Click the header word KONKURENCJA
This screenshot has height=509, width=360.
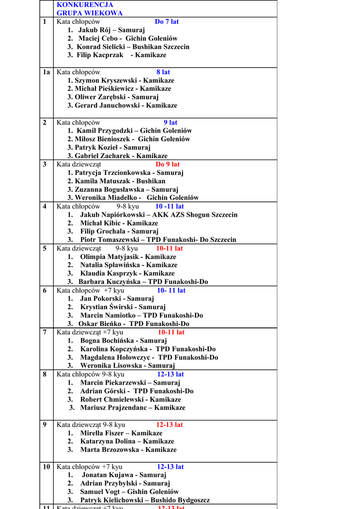[x=85, y=4]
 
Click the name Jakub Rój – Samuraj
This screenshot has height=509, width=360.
[x=111, y=30]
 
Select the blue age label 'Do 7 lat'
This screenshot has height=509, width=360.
[x=167, y=21]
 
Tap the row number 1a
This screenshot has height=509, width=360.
[x=46, y=72]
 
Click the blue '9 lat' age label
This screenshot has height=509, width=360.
[x=171, y=122]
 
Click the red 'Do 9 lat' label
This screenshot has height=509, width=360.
[x=168, y=164]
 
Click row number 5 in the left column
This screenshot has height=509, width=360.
[x=45, y=248]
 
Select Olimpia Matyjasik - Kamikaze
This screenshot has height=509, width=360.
[x=128, y=257]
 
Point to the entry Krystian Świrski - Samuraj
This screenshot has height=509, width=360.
[x=123, y=307]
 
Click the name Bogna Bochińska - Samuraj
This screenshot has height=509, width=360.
[x=123, y=340]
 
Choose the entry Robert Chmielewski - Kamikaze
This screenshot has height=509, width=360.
[x=130, y=399]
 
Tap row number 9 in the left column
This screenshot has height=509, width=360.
[x=45, y=424]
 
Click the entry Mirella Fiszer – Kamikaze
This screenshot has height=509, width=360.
[x=121, y=433]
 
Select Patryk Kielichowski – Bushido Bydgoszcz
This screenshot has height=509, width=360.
[x=145, y=500]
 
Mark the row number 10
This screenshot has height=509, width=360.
[x=46, y=467]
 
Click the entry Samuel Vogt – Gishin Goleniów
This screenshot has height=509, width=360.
[x=129, y=492]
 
